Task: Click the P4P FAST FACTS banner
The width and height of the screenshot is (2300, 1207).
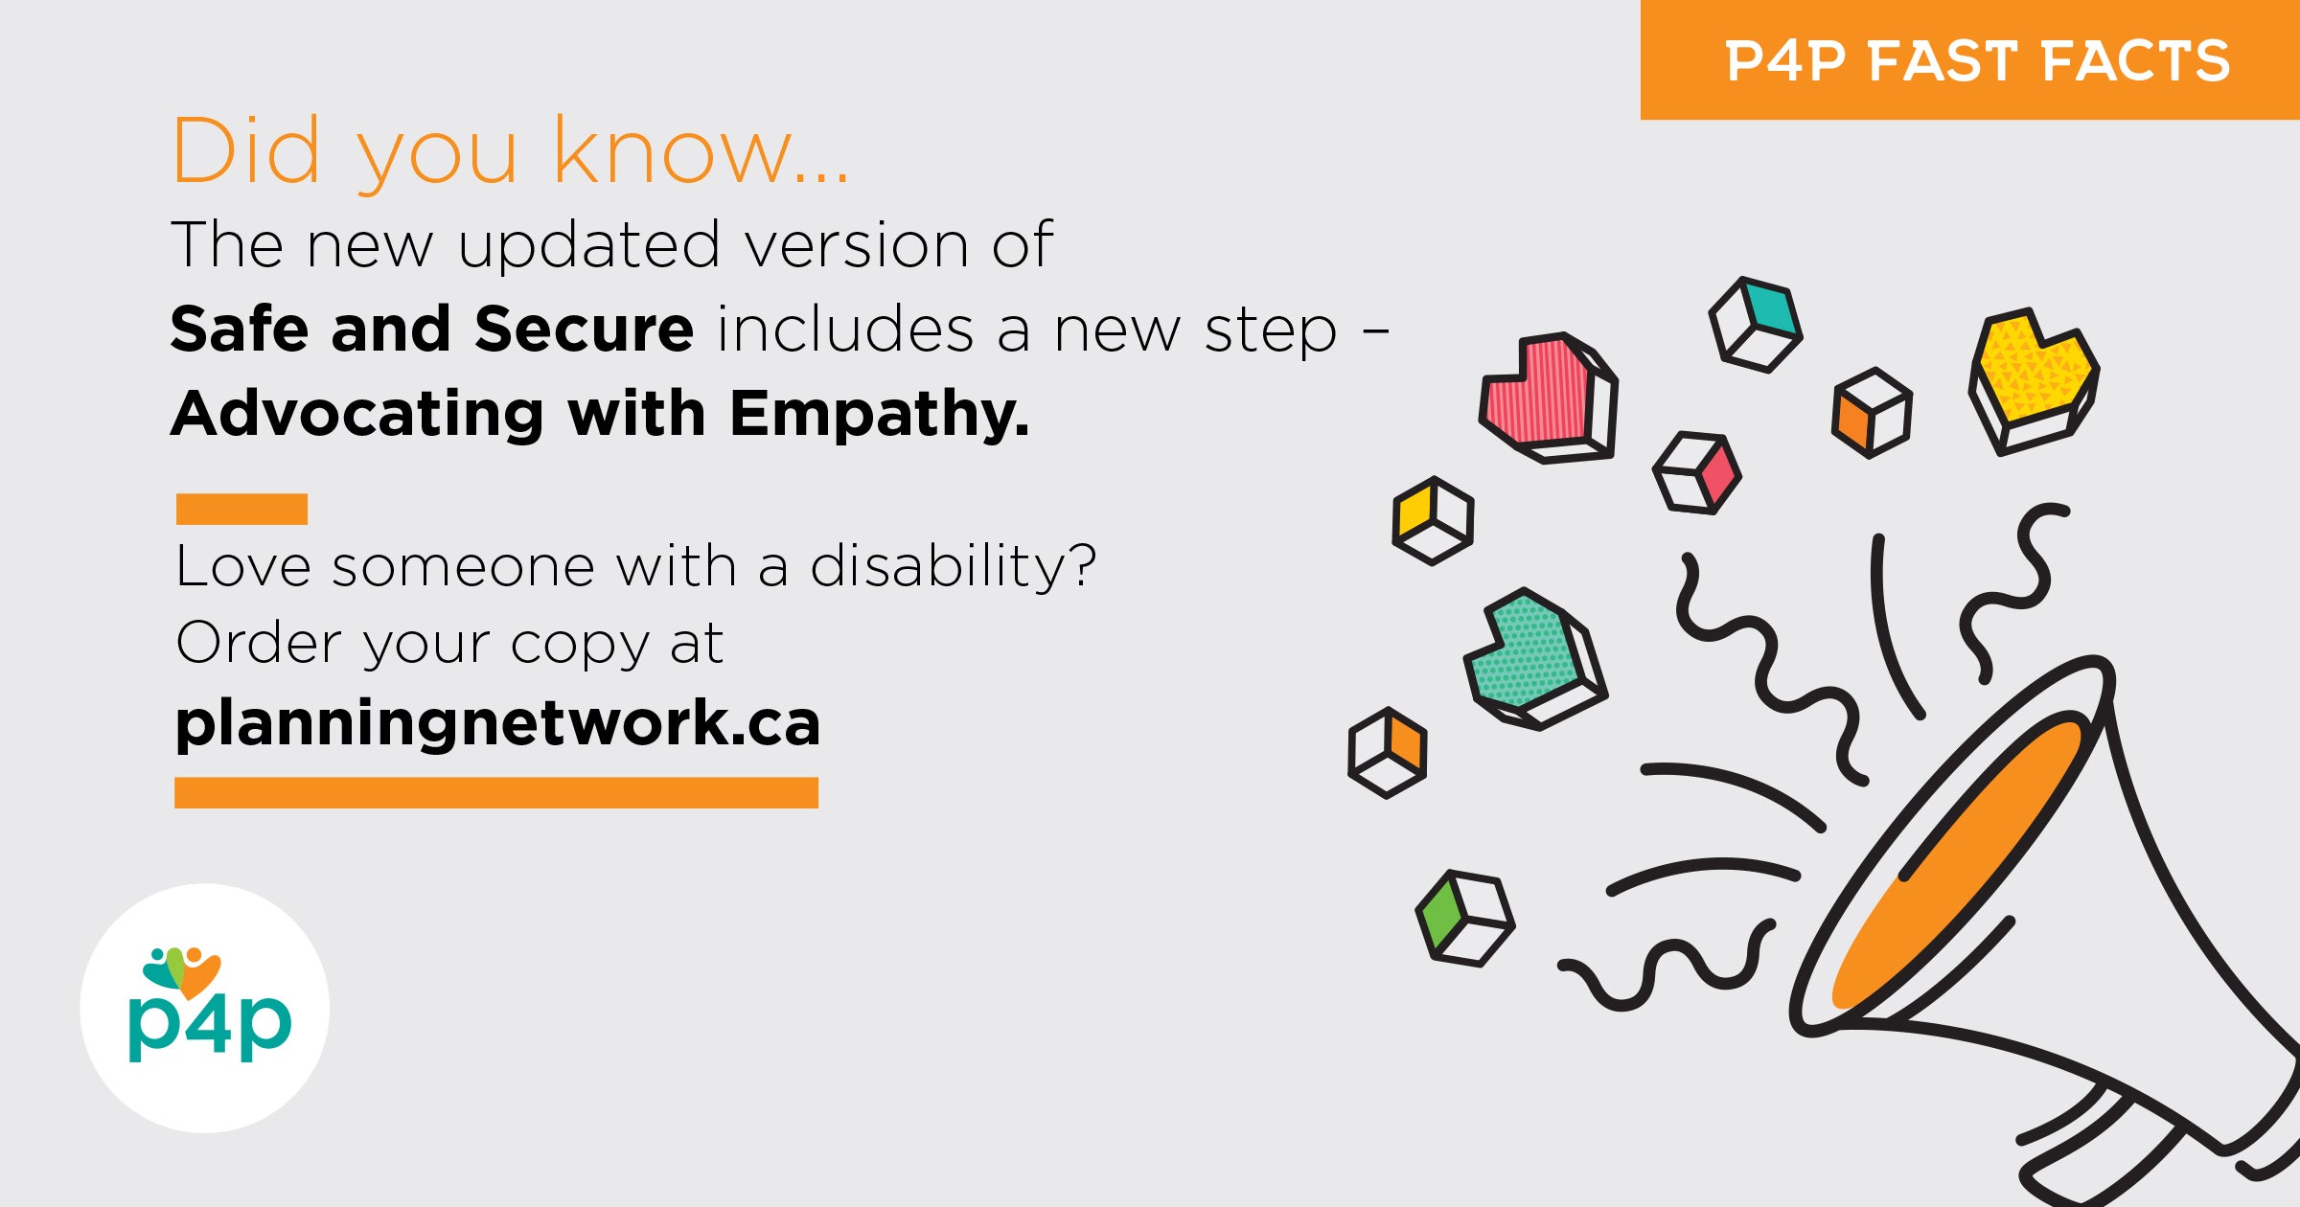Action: click(x=1970, y=59)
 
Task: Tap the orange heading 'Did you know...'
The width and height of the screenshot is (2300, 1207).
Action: click(x=510, y=151)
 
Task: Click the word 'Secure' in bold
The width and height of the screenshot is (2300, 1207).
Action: click(x=584, y=329)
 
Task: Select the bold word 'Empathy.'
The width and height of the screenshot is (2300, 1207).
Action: click(x=879, y=415)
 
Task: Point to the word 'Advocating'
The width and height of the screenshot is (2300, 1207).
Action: click(x=357, y=415)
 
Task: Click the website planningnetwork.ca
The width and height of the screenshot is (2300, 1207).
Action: click(x=497, y=723)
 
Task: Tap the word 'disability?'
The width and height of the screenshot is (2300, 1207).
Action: click(x=953, y=565)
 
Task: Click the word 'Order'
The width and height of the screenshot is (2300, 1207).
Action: click(x=259, y=642)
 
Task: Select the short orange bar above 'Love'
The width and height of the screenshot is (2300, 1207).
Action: click(x=241, y=509)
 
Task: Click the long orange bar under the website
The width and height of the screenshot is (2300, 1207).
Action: click(x=496, y=792)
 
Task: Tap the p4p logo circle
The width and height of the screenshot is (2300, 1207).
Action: click(x=205, y=1008)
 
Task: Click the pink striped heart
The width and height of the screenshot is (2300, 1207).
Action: click(x=1548, y=398)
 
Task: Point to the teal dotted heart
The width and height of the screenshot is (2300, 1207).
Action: click(x=1534, y=658)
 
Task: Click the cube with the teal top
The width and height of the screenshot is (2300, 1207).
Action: click(x=1756, y=325)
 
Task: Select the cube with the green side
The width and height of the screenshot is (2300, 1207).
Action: click(x=1465, y=918)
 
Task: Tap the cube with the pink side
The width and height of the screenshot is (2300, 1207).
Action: click(x=1697, y=472)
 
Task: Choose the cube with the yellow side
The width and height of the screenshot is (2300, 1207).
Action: click(x=1433, y=520)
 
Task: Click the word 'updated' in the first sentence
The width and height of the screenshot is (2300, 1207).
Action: click(x=588, y=246)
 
